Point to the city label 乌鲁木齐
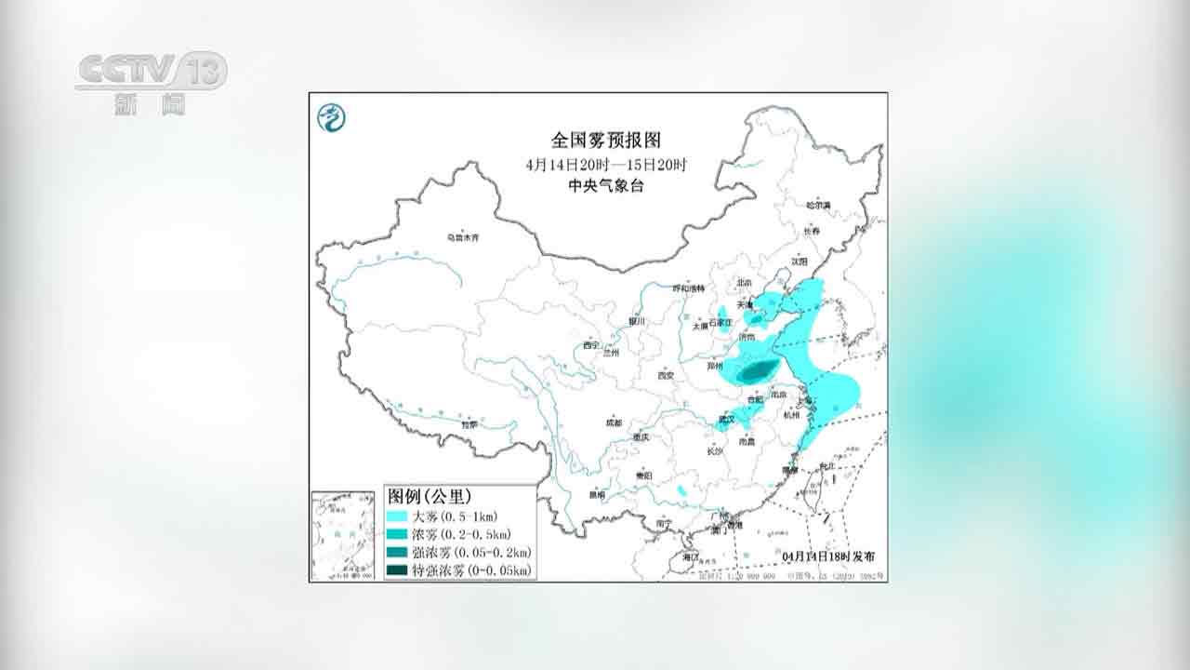point(462,238)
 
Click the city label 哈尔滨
point(818,205)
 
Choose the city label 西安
point(665,376)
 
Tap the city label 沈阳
point(799,261)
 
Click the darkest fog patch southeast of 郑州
point(752,373)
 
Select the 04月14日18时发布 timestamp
point(828,556)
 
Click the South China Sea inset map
point(343,535)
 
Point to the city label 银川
point(636,321)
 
